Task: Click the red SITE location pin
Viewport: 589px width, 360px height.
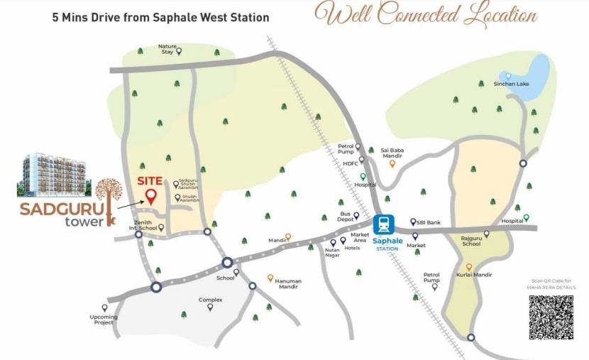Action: [x=150, y=196]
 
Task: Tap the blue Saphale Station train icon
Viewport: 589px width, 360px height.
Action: [x=384, y=225]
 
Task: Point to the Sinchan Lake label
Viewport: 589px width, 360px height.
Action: [x=511, y=84]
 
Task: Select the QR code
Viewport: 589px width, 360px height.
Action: [x=551, y=316]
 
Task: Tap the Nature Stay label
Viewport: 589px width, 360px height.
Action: [x=167, y=49]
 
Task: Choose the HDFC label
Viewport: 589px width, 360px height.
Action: [x=351, y=163]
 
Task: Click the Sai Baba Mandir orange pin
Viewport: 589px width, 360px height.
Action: [x=392, y=163]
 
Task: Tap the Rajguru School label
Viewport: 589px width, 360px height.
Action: [x=471, y=241]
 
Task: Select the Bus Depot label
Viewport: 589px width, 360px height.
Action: [x=346, y=217]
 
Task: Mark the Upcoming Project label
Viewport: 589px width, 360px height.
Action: [x=104, y=320]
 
